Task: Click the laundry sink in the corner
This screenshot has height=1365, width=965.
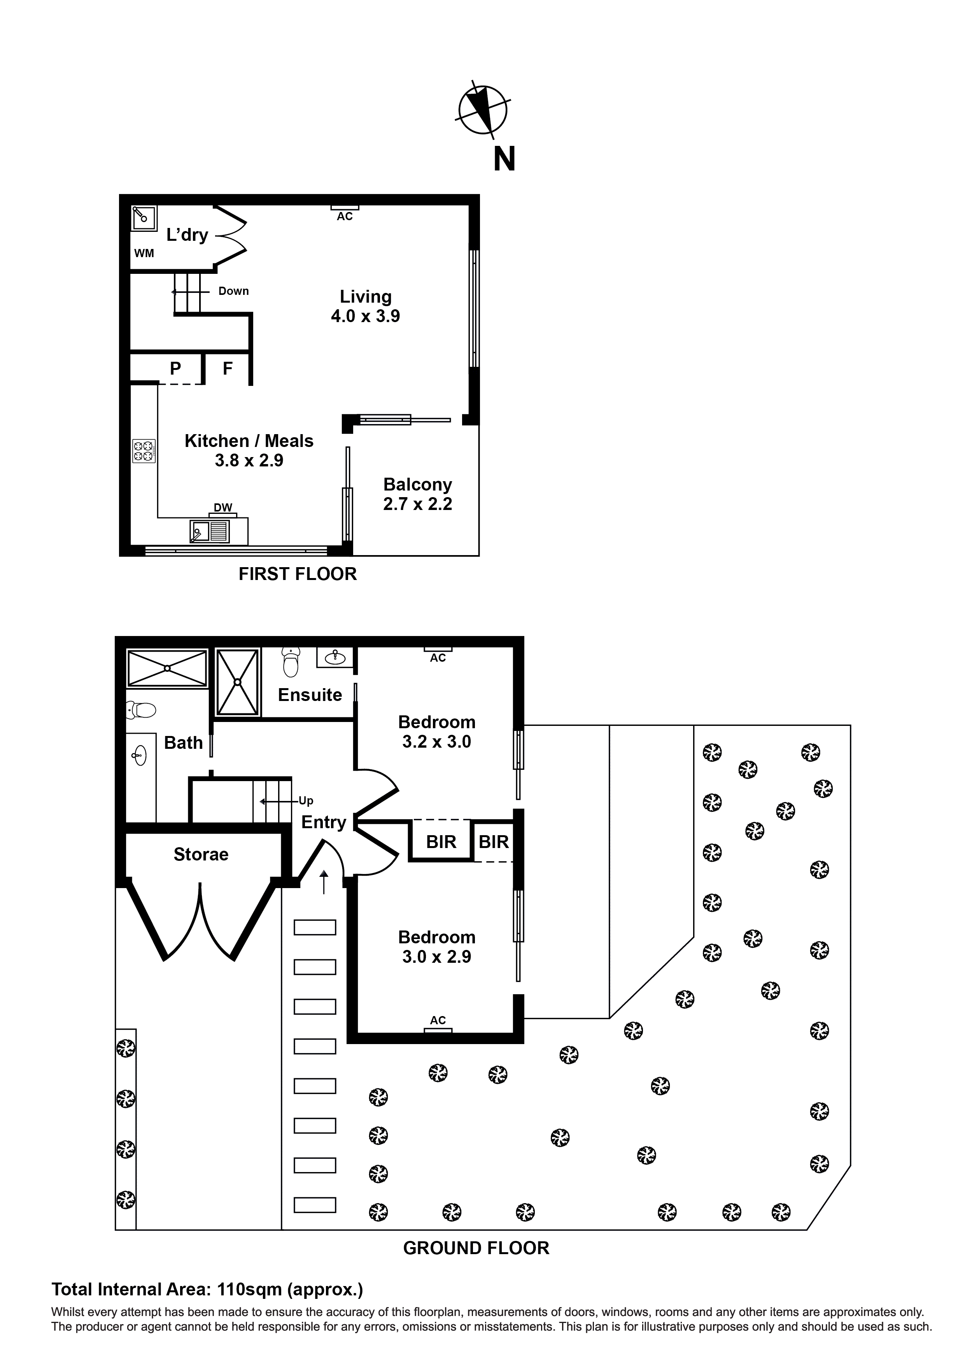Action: point(143,217)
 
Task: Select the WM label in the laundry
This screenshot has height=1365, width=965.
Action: point(144,253)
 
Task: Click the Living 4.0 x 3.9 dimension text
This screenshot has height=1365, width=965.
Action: point(365,316)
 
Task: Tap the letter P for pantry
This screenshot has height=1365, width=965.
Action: point(175,369)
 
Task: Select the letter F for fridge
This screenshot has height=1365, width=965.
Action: point(227,369)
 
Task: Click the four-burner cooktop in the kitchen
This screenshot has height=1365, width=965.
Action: point(143,450)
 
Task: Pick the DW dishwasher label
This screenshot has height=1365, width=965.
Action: point(222,507)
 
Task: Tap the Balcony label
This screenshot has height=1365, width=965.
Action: point(417,485)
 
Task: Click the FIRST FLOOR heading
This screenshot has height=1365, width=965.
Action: point(297,574)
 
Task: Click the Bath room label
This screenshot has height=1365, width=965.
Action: point(183,743)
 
